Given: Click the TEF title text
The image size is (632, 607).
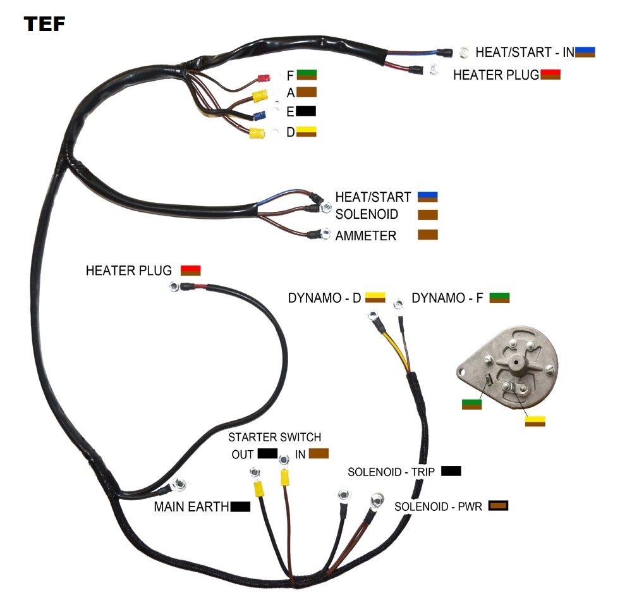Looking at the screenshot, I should (x=44, y=24).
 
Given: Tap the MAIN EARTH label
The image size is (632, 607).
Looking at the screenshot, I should (x=191, y=507).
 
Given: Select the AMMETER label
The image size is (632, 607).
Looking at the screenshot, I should (x=366, y=236).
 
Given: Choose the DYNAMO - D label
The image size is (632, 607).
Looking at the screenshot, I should (x=324, y=298).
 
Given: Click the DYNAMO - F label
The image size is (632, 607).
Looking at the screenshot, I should (x=447, y=298).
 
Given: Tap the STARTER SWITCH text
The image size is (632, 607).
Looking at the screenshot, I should (x=274, y=437).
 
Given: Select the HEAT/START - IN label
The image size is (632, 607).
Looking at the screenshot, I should (x=525, y=52).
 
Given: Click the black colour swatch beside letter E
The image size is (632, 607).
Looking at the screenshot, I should (x=306, y=111).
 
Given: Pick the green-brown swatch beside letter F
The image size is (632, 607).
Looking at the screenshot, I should (x=307, y=75).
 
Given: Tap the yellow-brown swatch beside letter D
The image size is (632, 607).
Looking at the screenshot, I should (x=307, y=132).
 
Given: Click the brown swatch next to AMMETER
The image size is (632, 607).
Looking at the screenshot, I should (x=427, y=235).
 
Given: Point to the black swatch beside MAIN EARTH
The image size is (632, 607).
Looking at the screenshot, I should (x=240, y=506).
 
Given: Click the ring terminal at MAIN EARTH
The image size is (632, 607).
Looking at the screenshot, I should (x=179, y=485).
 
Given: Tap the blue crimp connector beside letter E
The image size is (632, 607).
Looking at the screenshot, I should (x=258, y=116).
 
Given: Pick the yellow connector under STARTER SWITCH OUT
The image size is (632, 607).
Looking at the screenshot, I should (x=258, y=489).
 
